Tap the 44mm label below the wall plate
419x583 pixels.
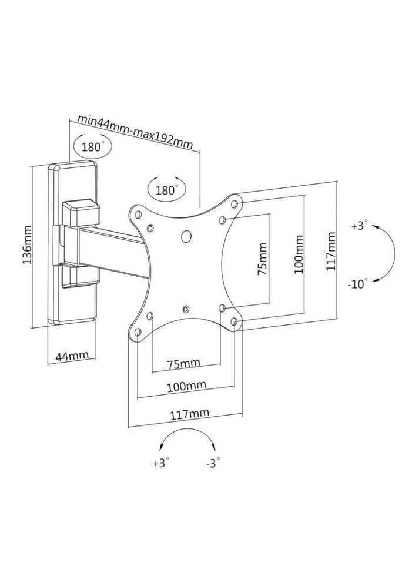tap(72, 356)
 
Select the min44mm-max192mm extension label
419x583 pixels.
tap(135, 131)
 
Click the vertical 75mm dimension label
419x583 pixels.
tap(262, 259)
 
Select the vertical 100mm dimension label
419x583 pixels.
tap(299, 254)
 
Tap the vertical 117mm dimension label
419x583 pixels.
tap(330, 252)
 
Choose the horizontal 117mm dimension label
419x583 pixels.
tap(190, 414)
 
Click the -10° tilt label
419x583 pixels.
tap(358, 284)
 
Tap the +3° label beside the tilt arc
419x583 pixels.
tap(359, 226)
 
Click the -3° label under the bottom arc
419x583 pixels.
tap(212, 463)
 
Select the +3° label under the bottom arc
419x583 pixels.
tap(160, 463)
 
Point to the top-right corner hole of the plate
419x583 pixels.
tap(234, 204)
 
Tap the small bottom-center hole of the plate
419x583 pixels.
tap(186, 309)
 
